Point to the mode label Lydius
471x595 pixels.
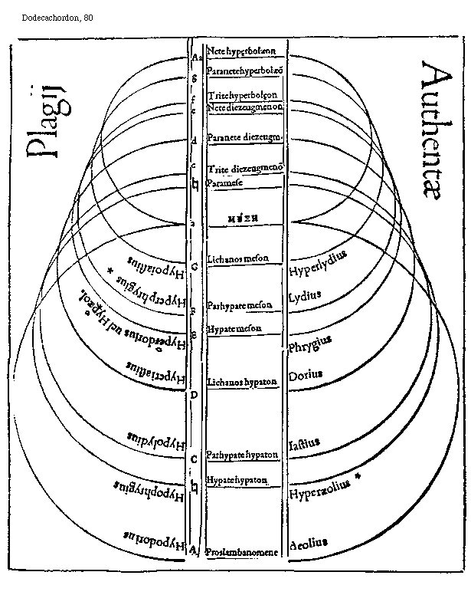[305, 297]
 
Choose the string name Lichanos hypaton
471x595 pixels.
[241, 382]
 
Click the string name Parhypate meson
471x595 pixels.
[239, 306]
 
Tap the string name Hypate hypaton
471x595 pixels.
[237, 481]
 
